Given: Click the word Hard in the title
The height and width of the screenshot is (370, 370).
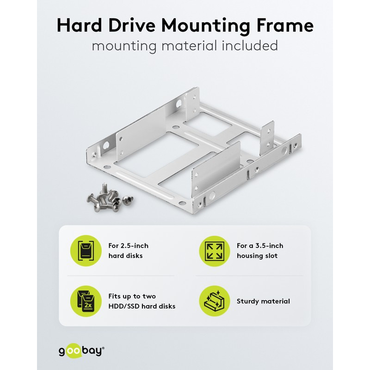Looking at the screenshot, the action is pyautogui.click(x=79, y=25).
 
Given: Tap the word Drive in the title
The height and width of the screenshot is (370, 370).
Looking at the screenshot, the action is pyautogui.click(x=132, y=25).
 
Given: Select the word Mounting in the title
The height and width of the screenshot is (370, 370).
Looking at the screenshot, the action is pyautogui.click(x=205, y=26).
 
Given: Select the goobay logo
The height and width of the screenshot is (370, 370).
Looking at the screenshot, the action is pyautogui.click(x=82, y=351).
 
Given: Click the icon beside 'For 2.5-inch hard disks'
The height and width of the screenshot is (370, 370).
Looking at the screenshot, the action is pyautogui.click(x=86, y=251).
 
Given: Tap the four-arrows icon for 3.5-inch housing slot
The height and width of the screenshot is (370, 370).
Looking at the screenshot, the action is pyautogui.click(x=214, y=251).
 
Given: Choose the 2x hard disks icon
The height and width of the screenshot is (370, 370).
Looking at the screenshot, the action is pyautogui.click(x=86, y=301).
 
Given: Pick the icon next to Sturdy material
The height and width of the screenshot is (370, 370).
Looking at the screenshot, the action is pyautogui.click(x=214, y=301).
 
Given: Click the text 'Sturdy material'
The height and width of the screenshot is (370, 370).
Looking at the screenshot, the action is pyautogui.click(x=263, y=302).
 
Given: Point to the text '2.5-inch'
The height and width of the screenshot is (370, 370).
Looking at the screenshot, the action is pyautogui.click(x=135, y=246).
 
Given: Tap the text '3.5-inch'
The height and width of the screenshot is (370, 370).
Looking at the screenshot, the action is pyautogui.click(x=269, y=246).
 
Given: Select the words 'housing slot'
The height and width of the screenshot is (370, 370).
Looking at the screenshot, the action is pyautogui.click(x=257, y=256).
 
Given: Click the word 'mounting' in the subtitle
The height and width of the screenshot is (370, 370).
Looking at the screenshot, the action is pyautogui.click(x=124, y=46).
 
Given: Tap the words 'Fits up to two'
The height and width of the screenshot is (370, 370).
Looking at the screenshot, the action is pyautogui.click(x=132, y=296).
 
